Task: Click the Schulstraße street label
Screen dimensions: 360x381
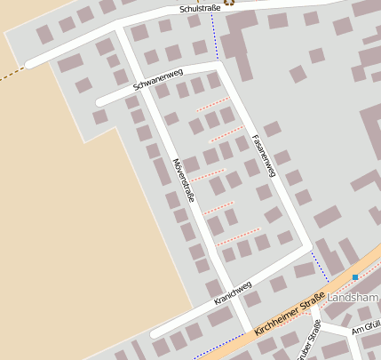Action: coord(200,8)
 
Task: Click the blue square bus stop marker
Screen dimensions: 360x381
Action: coord(355,277)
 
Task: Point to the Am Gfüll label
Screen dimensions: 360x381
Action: coord(366,329)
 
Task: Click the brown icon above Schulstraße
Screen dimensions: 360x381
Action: coord(229,3)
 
